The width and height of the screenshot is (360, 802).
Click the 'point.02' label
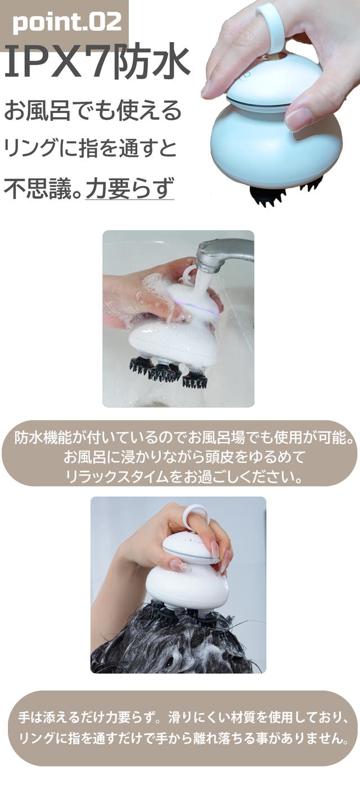(x=67, y=22)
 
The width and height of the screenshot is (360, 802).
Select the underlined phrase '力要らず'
(x=130, y=188)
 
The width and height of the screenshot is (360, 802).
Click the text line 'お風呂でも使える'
(x=92, y=110)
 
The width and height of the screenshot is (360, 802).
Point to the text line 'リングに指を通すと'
(x=90, y=148)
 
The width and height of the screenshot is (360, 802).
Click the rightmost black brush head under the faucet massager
(x=196, y=380)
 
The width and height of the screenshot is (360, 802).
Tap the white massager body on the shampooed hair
(x=187, y=580)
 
